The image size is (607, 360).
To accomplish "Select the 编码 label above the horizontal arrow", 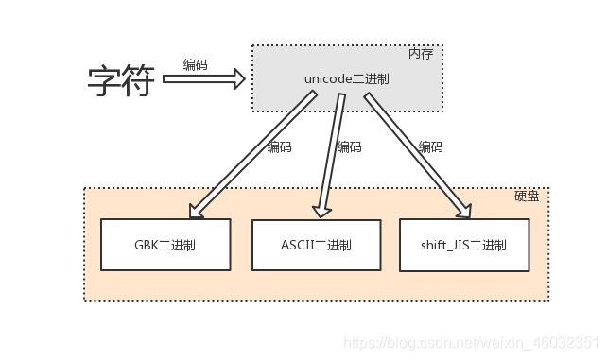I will click(x=196, y=65).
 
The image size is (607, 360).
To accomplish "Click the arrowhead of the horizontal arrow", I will click(x=239, y=79).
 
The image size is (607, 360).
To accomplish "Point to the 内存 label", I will click(x=421, y=54).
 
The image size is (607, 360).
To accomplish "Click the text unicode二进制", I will click(x=346, y=79).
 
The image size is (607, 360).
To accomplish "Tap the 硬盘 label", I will click(x=527, y=196).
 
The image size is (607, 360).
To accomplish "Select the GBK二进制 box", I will click(x=165, y=245).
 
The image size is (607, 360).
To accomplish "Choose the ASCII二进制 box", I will click(x=316, y=246).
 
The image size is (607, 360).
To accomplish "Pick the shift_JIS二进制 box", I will click(x=463, y=246).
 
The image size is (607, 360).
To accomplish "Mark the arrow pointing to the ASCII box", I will click(x=330, y=156).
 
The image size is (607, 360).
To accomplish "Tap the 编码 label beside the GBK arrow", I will click(x=279, y=147).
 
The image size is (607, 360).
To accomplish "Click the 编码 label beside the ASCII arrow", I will click(x=349, y=147).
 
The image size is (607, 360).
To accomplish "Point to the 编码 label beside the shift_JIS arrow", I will click(x=430, y=147).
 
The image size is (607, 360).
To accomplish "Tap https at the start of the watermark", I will click(x=357, y=342).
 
